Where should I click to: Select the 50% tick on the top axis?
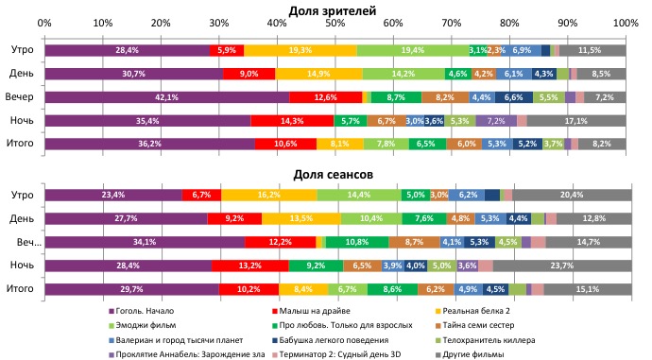(x=335, y=23)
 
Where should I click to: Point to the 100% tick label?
(x=625, y=23)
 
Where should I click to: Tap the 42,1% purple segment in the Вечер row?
(x=166, y=97)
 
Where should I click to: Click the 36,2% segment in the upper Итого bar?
(x=149, y=144)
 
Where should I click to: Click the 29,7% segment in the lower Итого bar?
(x=130, y=289)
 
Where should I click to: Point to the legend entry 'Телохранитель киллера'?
(x=488, y=340)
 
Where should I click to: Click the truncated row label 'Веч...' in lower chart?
(x=24, y=243)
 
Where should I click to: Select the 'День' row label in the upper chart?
(x=23, y=74)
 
